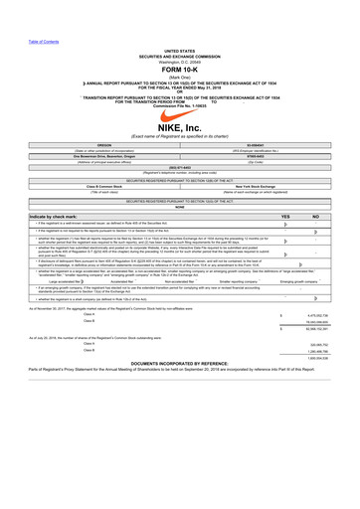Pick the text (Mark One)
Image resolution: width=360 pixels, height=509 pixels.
(180, 63)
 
